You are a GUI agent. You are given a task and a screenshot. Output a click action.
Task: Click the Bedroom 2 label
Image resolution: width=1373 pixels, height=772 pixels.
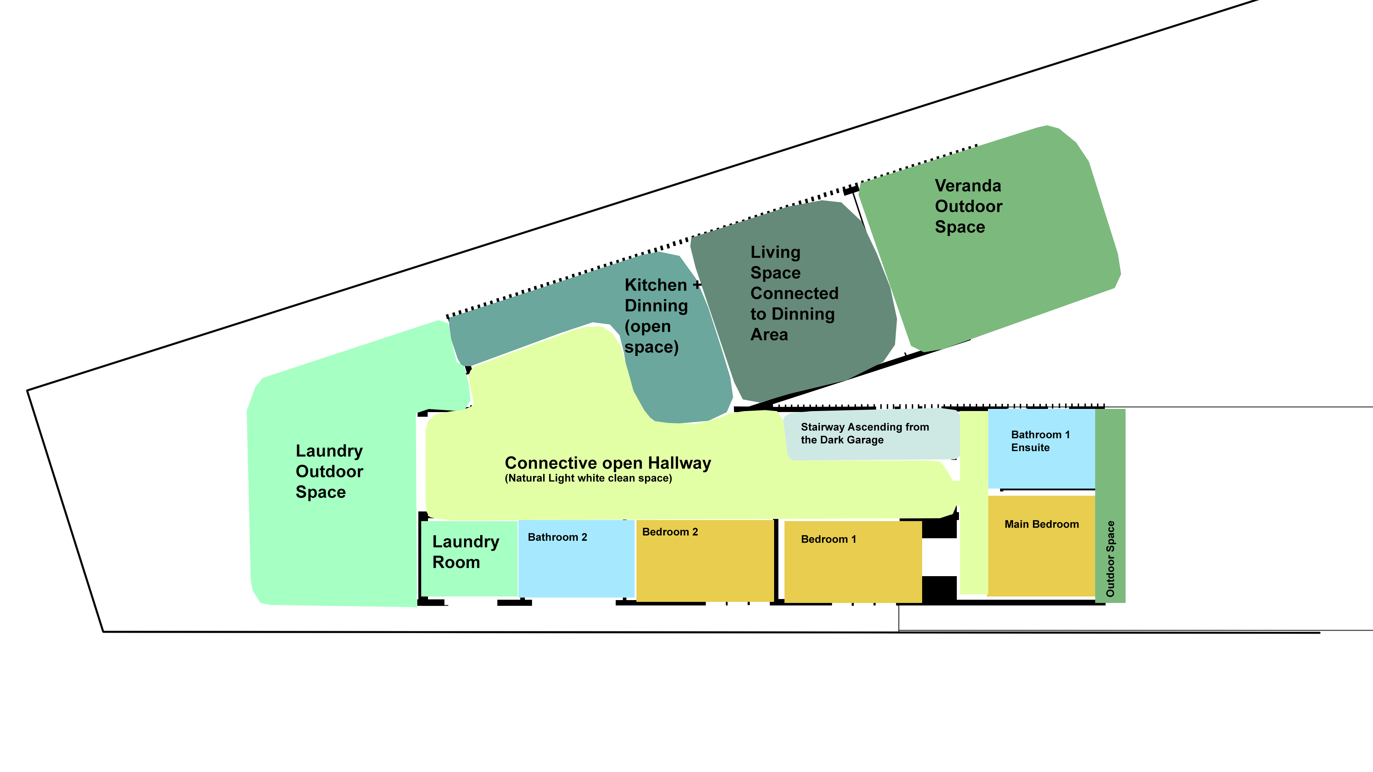click(x=670, y=532)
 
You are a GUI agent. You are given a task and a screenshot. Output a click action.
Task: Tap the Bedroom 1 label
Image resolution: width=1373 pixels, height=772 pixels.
click(x=828, y=539)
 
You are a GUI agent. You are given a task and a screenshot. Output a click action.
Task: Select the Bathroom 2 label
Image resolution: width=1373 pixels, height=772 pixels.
click(x=557, y=537)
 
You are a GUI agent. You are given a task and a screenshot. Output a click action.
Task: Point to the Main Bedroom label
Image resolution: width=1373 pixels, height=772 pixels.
click(x=1042, y=524)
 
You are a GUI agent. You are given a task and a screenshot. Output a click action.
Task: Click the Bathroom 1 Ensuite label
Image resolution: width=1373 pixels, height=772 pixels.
click(x=1040, y=441)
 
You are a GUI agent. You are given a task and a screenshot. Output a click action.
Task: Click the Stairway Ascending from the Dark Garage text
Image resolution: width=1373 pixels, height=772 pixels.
click(x=865, y=433)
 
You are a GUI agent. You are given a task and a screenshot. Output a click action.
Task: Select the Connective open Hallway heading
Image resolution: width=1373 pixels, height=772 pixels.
click(x=607, y=463)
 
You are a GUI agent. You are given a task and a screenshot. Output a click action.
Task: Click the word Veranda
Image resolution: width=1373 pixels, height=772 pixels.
click(x=968, y=185)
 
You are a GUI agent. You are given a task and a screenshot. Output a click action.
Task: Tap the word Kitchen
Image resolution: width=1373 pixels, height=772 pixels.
click(x=656, y=285)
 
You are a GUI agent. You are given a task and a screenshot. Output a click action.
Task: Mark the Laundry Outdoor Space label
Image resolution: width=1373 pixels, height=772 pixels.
click(x=329, y=471)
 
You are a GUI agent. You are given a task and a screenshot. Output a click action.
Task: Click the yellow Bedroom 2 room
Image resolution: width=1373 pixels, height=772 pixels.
click(x=705, y=561)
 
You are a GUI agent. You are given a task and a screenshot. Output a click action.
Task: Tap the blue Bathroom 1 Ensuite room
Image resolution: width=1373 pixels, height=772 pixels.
click(x=1042, y=449)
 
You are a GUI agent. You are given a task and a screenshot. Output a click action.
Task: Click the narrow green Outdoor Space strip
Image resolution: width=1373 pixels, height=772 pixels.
click(x=1110, y=506)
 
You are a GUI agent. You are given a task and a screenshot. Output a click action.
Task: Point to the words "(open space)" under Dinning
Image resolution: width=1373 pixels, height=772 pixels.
click(x=651, y=337)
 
